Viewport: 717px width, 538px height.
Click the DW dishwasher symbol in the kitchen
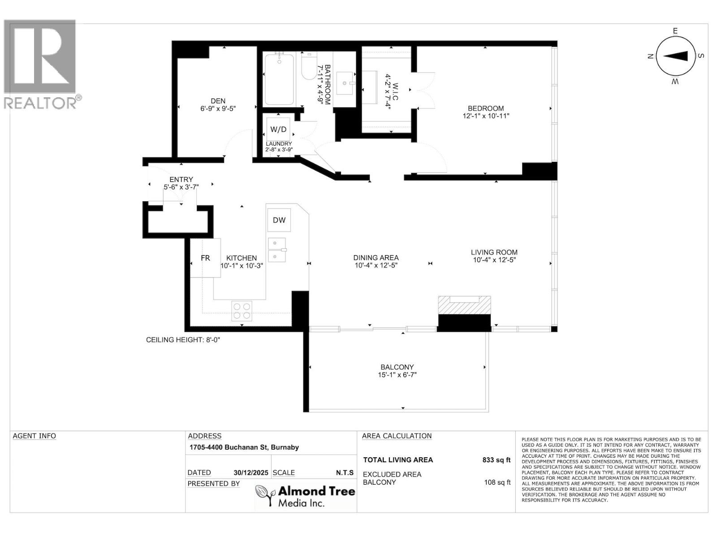coord(279,220)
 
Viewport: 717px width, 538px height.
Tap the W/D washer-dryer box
coord(278,130)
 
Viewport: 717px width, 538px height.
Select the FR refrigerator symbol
coord(205,258)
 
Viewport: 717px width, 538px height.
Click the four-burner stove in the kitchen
coord(242,311)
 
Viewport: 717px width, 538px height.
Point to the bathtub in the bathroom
coord(279,79)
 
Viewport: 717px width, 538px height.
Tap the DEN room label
coord(218,101)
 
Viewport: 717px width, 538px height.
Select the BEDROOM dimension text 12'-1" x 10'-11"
coord(486,116)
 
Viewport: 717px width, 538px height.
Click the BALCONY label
coord(397,367)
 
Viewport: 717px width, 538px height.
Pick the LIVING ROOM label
coord(494,252)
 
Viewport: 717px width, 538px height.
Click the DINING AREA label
coord(376,257)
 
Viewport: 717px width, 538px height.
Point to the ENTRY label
coord(181,179)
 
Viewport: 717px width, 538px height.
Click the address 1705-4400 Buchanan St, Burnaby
coord(244,447)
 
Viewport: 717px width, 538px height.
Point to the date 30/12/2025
coord(251,473)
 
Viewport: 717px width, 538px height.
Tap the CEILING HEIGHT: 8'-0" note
coord(183,340)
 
